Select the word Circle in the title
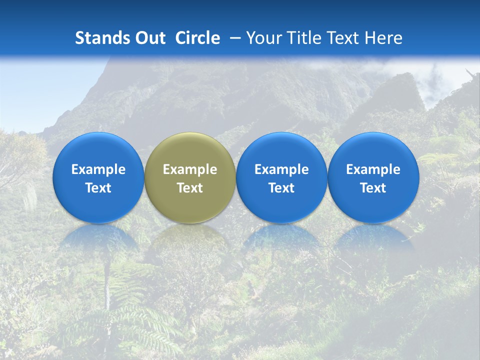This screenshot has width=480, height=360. pos(197,38)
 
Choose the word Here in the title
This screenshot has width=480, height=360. pos(383,38)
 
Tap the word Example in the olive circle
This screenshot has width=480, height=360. pos(190,169)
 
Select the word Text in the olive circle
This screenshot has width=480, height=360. pos(190,188)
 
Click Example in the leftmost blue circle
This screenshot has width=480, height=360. pos(98,169)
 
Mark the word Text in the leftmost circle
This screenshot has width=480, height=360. pos(98,188)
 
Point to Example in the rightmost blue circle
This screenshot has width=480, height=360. pos(373,169)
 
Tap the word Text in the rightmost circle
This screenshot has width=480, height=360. pos(373,188)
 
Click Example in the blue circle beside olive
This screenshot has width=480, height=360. pos(281,169)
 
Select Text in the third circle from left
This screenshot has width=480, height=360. pos(281,188)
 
